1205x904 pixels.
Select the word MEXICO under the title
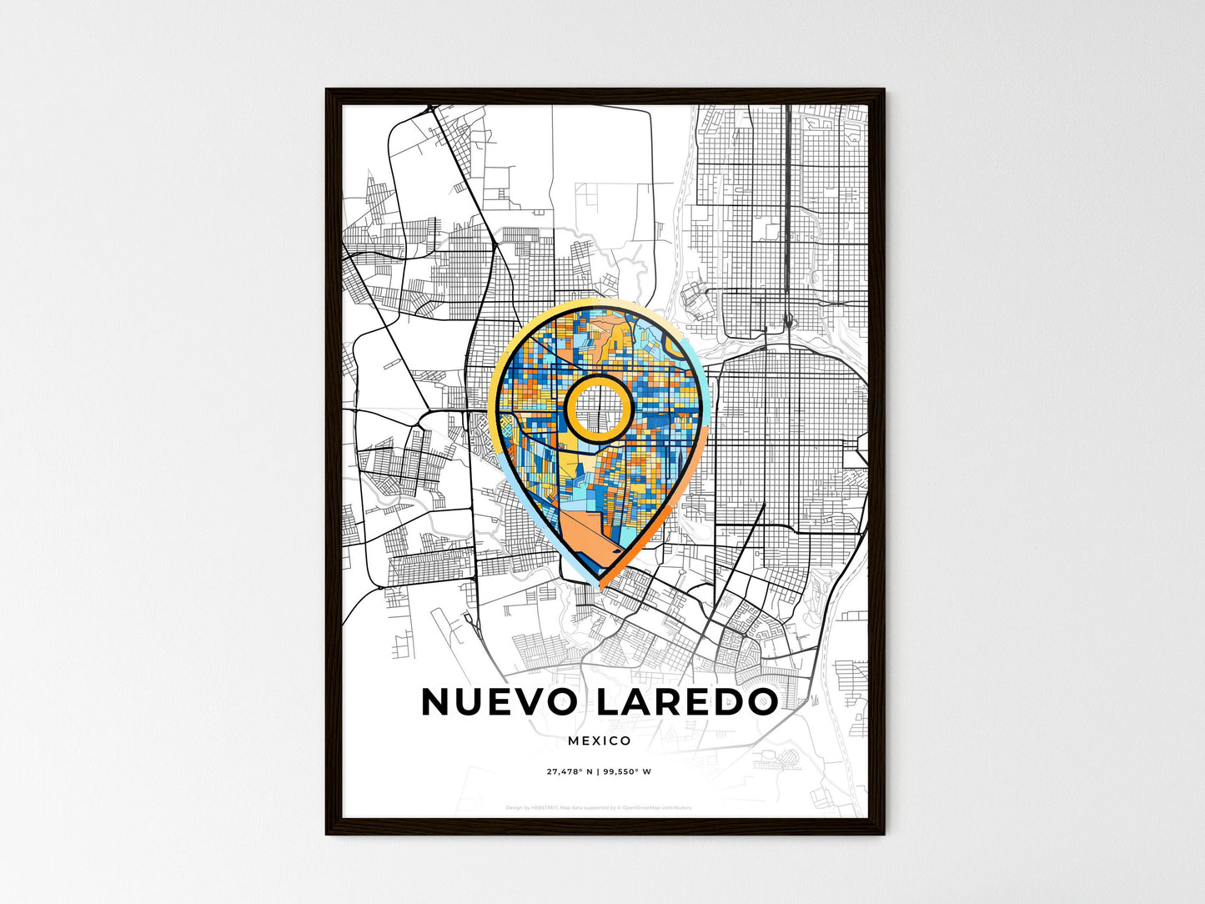click(599, 741)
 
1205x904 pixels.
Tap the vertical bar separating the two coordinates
click(597, 771)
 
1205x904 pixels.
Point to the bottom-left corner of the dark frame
click(328, 833)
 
